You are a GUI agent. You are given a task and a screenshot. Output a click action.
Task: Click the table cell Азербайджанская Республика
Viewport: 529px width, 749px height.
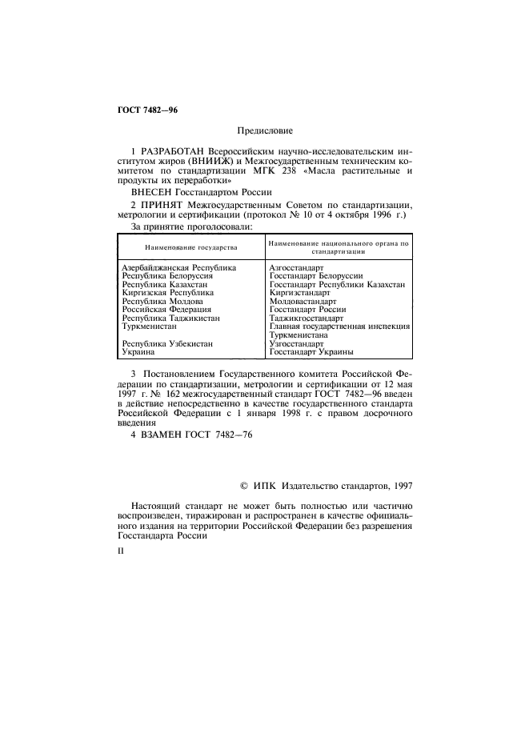click(178, 266)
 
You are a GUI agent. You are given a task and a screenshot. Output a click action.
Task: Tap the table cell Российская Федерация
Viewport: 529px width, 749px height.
click(166, 309)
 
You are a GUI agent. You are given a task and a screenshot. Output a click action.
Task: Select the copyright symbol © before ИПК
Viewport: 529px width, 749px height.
click(245, 484)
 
